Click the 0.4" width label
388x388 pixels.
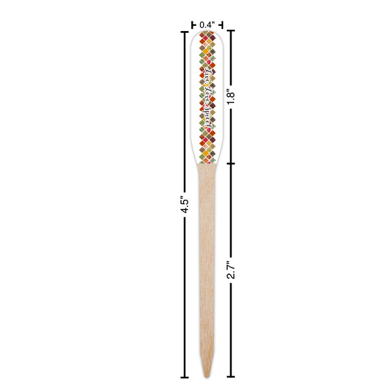(207, 25)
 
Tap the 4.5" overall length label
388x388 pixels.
(184, 205)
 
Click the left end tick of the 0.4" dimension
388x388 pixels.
(192, 25)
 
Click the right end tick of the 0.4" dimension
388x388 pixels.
(222, 25)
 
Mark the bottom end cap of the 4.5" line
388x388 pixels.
(184, 377)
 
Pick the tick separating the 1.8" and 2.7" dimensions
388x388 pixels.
(232, 164)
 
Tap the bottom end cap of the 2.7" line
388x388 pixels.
(232, 377)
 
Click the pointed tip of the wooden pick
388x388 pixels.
(207, 377)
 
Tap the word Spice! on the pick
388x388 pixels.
(208, 113)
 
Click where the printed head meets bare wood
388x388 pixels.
(207, 164)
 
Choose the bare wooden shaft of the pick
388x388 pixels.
(207, 259)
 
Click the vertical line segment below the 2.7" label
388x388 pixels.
(232, 330)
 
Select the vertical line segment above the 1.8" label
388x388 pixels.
(232, 58)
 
